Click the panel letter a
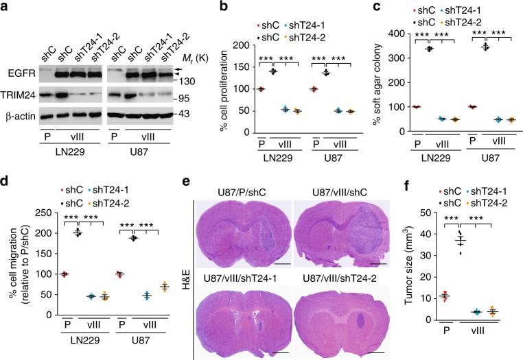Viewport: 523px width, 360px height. coord(7,8)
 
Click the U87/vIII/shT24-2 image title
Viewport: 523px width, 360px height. coord(345,268)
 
